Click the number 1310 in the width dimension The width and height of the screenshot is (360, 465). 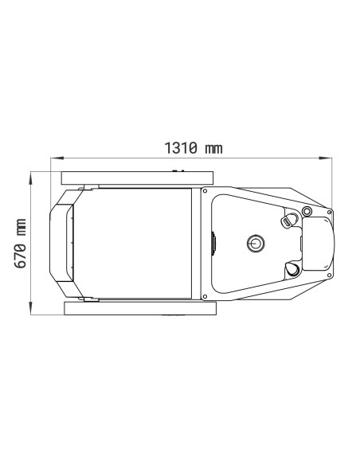click(x=181, y=148)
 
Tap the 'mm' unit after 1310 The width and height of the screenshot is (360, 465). click(x=213, y=149)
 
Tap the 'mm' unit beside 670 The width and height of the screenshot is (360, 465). click(x=21, y=228)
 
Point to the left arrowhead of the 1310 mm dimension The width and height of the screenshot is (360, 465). click(x=57, y=158)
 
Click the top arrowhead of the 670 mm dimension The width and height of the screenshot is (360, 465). click(x=30, y=178)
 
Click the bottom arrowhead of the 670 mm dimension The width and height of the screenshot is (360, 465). click(x=30, y=308)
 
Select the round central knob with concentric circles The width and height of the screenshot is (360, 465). click(x=256, y=243)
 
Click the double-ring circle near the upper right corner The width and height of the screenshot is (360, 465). click(x=307, y=211)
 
